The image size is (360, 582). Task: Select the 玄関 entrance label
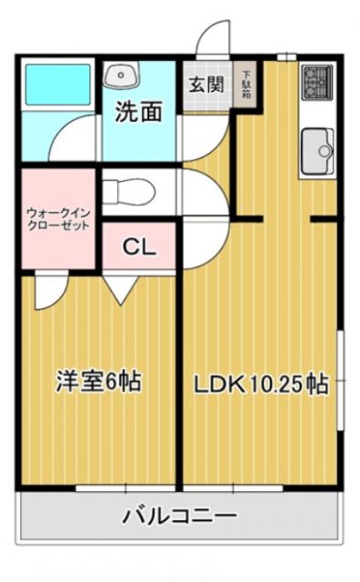[x=206, y=85]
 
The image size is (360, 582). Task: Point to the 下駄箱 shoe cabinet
[x=245, y=85]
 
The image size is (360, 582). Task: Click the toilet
[x=127, y=192]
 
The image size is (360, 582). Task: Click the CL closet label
[x=138, y=246]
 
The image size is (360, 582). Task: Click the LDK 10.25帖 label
[x=259, y=383]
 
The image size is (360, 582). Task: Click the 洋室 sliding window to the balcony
[x=100, y=488]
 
